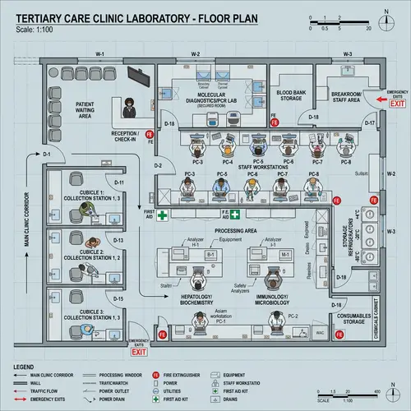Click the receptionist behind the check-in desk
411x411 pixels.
pos(130,108)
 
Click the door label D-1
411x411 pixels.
pos(48,155)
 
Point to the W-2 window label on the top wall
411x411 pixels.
pos(196,53)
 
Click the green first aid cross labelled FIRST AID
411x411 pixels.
pos(163,215)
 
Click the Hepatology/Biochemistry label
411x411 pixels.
pos(197,298)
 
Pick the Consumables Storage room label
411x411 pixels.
pos(353,319)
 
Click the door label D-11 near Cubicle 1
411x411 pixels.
pos(118,182)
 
